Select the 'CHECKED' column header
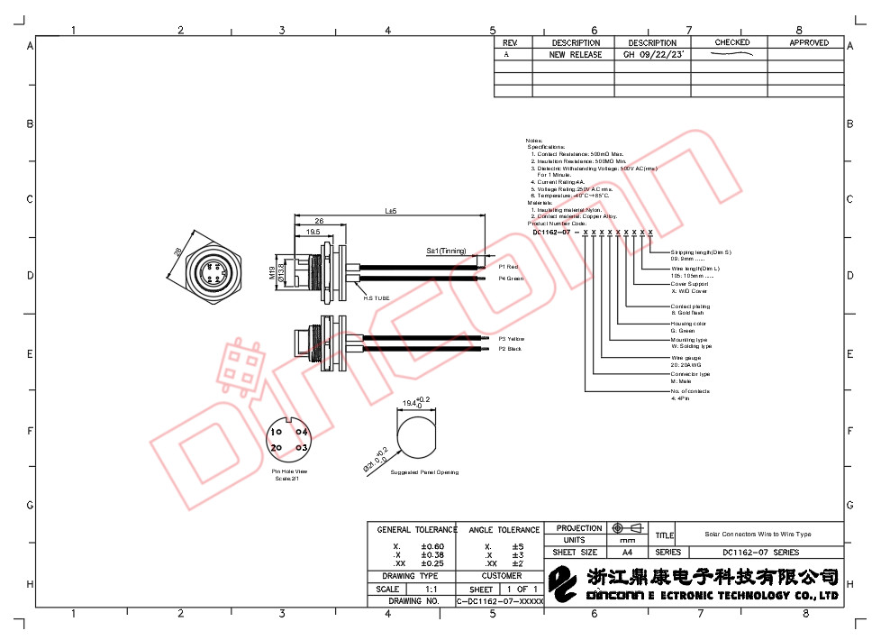(x=731, y=42)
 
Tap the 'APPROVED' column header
(x=808, y=42)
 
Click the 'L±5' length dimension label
(x=391, y=211)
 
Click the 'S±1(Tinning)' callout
(x=446, y=251)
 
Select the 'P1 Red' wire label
(x=509, y=267)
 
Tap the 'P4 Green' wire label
(x=511, y=279)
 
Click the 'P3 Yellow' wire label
(x=512, y=339)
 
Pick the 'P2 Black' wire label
(x=510, y=349)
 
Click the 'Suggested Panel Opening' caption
(x=424, y=472)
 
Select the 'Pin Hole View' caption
(x=289, y=471)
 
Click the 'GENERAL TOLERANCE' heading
(x=417, y=530)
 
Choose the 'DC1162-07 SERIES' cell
(x=760, y=553)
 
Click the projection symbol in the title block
(x=628, y=528)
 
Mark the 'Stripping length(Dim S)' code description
(x=701, y=252)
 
